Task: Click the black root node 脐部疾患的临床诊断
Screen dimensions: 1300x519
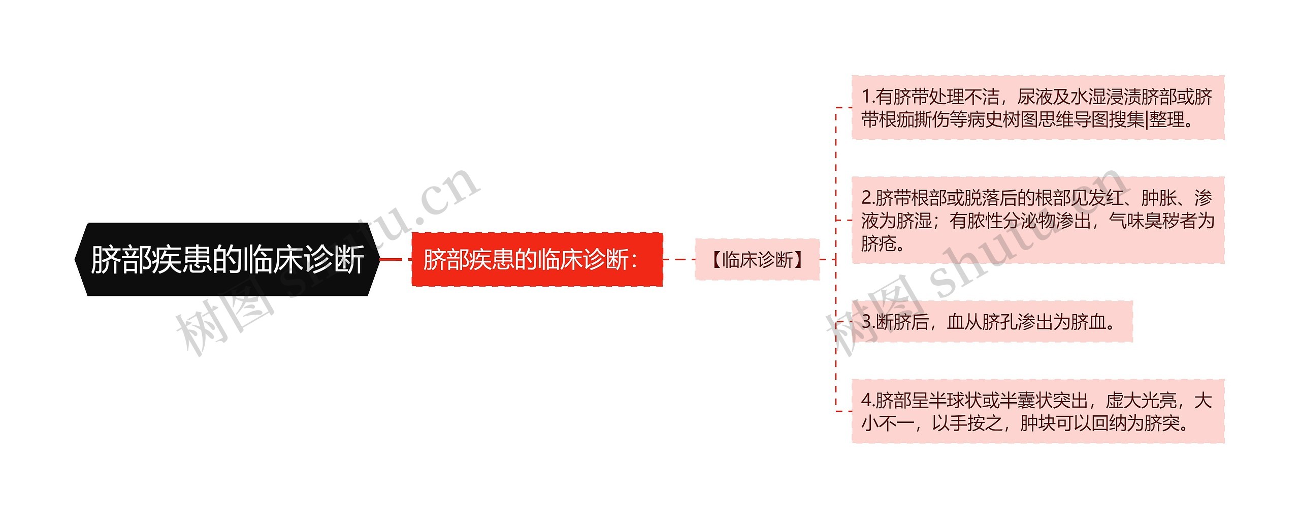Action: click(x=227, y=259)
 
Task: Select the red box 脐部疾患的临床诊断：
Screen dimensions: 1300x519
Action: click(x=537, y=259)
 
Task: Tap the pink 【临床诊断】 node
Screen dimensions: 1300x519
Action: click(x=757, y=259)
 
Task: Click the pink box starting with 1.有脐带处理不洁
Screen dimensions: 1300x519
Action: click(x=1038, y=108)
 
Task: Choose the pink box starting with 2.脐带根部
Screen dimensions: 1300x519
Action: click(x=1038, y=220)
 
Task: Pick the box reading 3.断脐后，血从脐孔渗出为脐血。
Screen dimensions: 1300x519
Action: click(x=992, y=322)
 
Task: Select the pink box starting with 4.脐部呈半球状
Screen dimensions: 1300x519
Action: click(x=1038, y=411)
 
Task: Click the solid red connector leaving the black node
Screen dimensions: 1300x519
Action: click(x=391, y=259)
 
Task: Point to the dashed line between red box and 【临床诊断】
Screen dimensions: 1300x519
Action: click(x=679, y=259)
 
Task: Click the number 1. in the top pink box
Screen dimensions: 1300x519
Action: click(x=868, y=97)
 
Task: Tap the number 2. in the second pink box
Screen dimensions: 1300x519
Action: click(x=868, y=198)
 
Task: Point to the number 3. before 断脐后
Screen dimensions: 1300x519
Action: click(x=868, y=322)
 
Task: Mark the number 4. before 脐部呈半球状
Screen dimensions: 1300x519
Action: click(x=868, y=401)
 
